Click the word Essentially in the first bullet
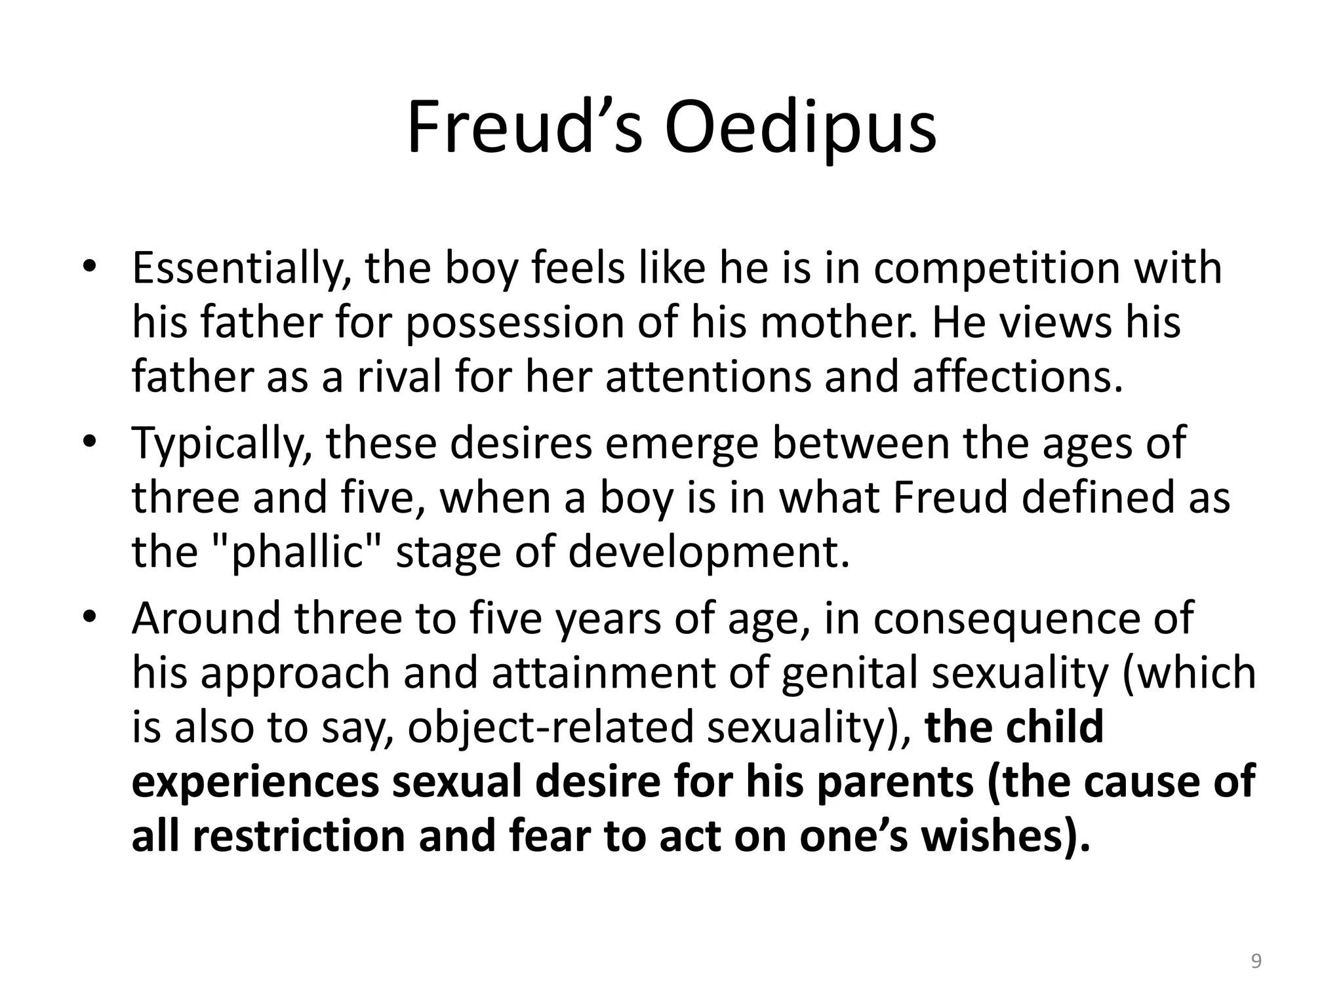pos(241,269)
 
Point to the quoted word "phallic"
pos(298,552)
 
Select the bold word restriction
pos(299,837)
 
